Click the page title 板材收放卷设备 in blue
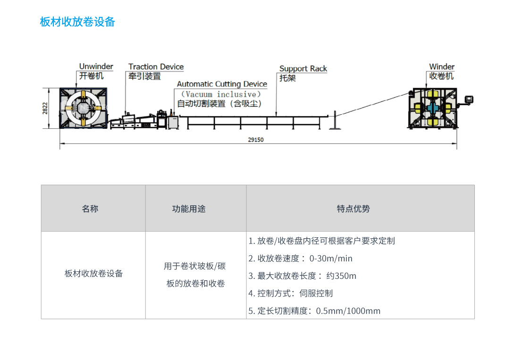click(77, 22)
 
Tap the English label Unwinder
click(96, 67)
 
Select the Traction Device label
click(156, 67)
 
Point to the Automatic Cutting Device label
click(222, 84)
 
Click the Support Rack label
click(303, 69)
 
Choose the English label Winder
click(441, 67)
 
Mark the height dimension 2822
click(45, 108)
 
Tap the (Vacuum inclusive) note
click(221, 94)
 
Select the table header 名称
click(90, 209)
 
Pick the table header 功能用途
click(189, 209)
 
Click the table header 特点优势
click(353, 209)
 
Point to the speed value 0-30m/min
click(331, 259)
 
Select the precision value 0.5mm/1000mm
click(348, 311)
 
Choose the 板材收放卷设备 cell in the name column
click(93, 273)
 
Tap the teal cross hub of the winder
click(433, 108)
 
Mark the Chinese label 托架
click(287, 78)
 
